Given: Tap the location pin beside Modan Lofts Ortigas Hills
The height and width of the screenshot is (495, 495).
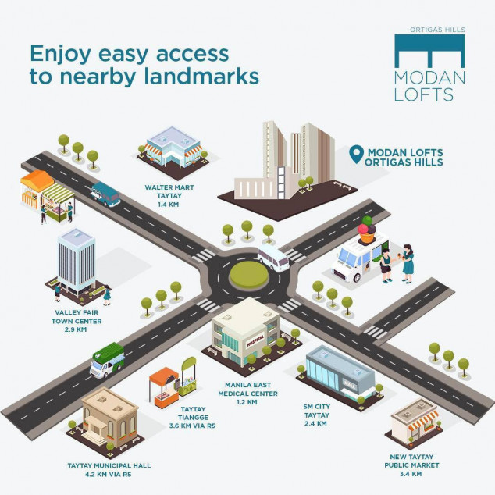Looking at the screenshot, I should click(x=357, y=154).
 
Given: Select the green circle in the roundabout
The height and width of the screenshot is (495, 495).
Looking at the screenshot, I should click(x=247, y=273).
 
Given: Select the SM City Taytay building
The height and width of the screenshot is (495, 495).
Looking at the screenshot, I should click(x=339, y=372).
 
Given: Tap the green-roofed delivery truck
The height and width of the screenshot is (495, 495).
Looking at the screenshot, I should click(x=107, y=360).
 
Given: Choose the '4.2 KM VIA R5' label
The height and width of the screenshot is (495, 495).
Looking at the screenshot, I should click(x=109, y=474).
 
